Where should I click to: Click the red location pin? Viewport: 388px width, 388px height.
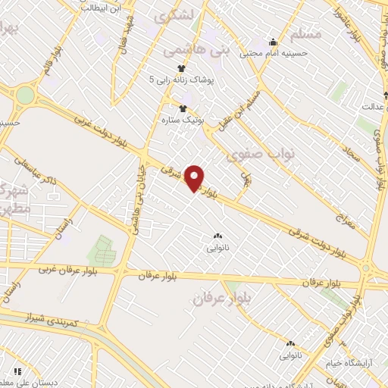[x=196, y=178]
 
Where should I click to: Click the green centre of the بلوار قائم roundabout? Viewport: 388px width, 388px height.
[x=25, y=95]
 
